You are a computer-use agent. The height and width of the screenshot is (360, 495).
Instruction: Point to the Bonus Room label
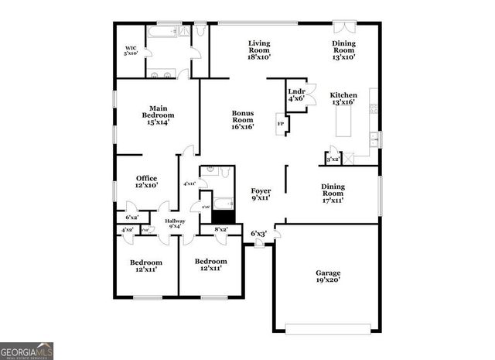coord(242,120)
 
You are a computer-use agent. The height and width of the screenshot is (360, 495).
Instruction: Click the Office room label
coord(146,182)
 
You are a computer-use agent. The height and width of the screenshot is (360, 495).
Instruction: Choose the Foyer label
coord(260,194)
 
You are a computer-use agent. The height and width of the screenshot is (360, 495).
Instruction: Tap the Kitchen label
coord(343,98)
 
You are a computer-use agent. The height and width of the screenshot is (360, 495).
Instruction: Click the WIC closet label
coord(130,50)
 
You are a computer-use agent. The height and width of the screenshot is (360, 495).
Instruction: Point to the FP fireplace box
coord(280,123)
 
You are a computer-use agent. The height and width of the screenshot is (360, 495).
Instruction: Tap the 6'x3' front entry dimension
coord(258,233)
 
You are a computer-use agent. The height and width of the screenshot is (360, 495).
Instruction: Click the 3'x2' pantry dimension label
coord(333,159)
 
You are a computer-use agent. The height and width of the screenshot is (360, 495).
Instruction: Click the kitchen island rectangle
coord(343,122)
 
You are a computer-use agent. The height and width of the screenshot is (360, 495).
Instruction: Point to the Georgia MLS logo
coord(27,351)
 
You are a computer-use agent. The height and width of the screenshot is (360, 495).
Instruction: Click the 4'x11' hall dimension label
coord(189,183)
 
